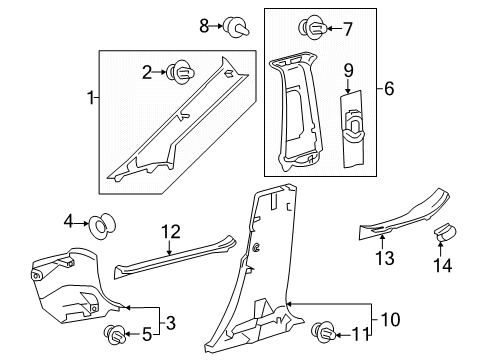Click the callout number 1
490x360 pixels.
92,99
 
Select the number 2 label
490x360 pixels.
146,71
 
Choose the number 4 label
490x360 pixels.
69,220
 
